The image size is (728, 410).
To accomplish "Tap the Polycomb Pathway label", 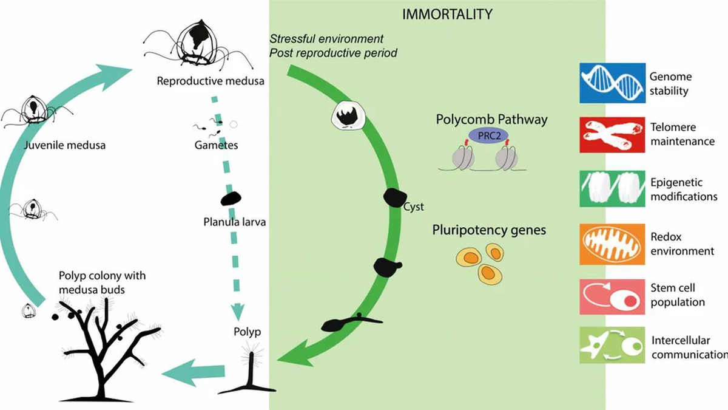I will pyautogui.click(x=491, y=119).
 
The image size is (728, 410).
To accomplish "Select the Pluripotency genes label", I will pyautogui.click(x=489, y=230).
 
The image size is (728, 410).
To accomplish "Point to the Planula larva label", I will pyautogui.click(x=234, y=222).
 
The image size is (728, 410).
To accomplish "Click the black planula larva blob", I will pyautogui.click(x=231, y=199).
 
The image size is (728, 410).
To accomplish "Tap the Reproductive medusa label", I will pyautogui.click(x=211, y=81).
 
